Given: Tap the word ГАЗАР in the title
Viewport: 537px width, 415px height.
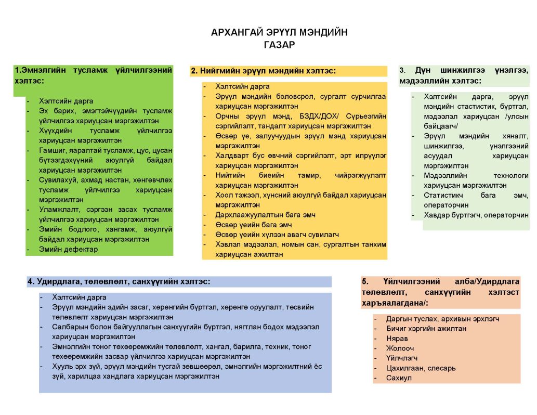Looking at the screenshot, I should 279,45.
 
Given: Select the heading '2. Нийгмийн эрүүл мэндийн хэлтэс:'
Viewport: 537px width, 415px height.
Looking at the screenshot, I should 263,71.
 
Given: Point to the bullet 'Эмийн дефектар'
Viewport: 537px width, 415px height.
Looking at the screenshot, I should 68,249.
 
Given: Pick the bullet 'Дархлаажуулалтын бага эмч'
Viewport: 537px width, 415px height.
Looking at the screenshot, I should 266,215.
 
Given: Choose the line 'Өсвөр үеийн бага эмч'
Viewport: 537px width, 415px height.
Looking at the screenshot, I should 254,225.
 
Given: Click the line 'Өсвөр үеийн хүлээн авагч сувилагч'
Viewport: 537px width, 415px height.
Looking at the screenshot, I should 277,235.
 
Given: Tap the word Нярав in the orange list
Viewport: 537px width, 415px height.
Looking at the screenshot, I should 397,339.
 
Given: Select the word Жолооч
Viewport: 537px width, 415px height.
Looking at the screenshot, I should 400,348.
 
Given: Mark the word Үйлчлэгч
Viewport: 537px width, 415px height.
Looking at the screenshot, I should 402,358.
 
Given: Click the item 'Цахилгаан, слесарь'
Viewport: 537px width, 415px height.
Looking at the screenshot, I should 421,368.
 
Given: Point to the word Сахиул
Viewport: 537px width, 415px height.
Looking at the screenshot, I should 399,378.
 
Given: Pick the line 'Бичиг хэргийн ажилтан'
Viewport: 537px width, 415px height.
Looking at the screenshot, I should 426,329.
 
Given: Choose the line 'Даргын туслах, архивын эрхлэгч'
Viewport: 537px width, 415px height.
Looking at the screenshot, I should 442,319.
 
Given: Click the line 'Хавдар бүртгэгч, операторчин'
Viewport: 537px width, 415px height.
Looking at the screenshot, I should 476,215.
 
